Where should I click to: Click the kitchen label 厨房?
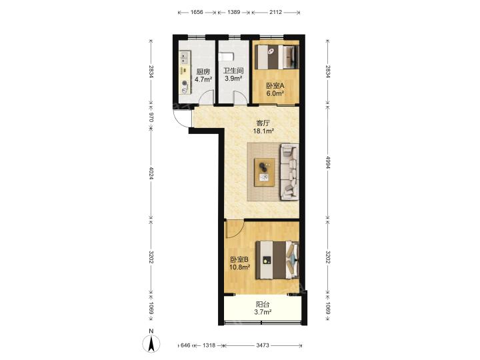point(203,72)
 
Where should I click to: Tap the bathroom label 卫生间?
point(233,71)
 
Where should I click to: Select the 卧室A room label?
point(275,86)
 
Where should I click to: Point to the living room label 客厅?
point(263,123)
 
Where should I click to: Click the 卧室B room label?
point(239,259)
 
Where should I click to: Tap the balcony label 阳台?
point(263,305)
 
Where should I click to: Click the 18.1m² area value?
point(263,131)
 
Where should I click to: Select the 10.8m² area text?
point(240,267)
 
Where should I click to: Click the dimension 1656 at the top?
point(197,12)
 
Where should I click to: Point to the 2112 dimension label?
point(275,12)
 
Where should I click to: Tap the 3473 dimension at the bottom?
point(263,345)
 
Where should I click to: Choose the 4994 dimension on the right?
point(328,163)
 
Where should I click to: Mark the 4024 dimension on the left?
point(151,173)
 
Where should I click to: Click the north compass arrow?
point(151,343)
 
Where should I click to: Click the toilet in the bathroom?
point(226,57)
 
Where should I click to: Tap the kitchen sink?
point(184,58)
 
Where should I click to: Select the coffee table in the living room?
point(264,172)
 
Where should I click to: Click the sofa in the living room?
point(289,172)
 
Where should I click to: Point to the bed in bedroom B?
point(277,260)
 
